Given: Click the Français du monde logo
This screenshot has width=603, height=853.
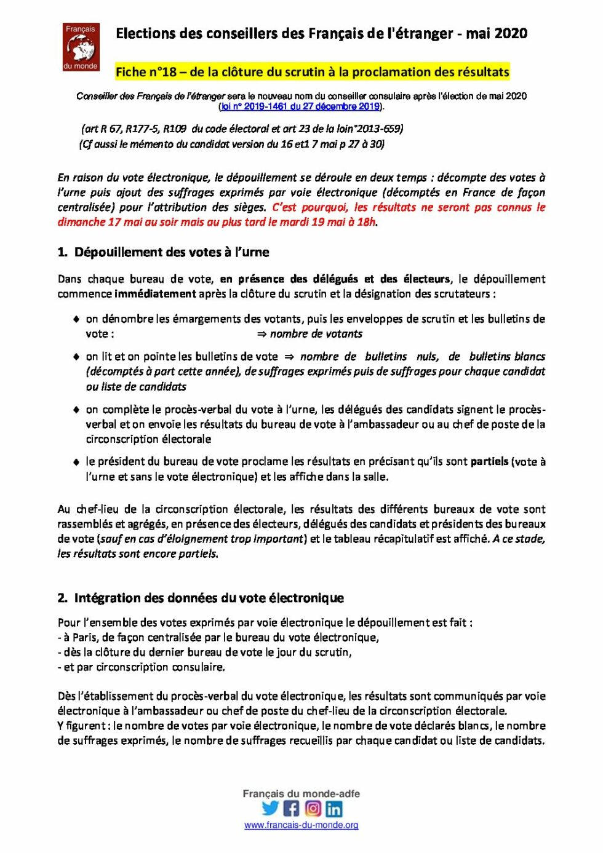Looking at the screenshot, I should pos(81,47).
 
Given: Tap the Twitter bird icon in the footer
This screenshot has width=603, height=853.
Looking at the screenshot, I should pos(270,808).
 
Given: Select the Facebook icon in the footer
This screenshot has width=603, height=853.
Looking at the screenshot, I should pos(291,808).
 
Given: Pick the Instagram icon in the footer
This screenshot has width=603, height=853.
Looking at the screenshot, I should pos(313,808).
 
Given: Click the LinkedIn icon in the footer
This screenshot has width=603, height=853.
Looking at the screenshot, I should pos(333,808).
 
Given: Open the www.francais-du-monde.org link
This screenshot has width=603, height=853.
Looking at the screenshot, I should pos(301,825).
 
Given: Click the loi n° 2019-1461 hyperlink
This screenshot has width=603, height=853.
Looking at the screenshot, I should pos(300,106).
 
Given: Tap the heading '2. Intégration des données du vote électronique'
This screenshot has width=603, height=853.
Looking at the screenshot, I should pos(201,598).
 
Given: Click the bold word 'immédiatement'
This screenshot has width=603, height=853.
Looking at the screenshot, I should pos(155,294).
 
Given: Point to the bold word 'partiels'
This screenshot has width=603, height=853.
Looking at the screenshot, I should pos(489,461).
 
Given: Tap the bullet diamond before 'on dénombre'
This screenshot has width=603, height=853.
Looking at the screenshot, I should pos(76,319).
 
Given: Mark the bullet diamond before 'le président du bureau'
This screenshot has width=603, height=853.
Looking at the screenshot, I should pos(76,462).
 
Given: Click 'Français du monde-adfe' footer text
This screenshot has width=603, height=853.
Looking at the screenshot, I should pos(301,794).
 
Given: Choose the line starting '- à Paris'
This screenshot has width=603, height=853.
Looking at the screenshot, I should pos(218,637).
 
